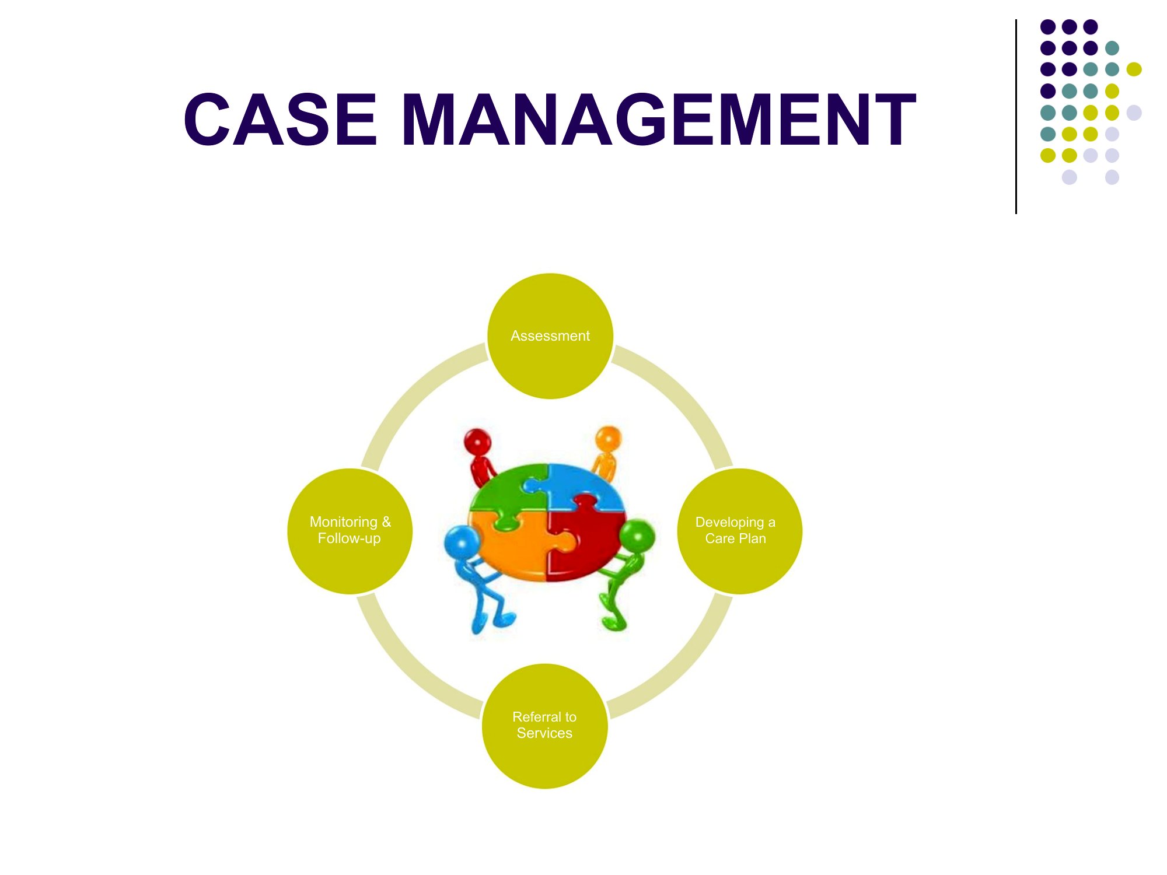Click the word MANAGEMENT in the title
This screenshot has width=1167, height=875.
(659, 120)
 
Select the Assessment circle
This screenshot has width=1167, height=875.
(550, 336)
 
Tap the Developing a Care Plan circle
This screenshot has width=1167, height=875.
(739, 531)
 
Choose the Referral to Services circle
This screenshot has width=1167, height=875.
(544, 726)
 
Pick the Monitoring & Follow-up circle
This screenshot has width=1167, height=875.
(350, 531)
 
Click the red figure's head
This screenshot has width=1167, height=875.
(478, 443)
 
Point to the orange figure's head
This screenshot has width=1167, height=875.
(609, 439)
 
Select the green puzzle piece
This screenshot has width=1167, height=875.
(508, 493)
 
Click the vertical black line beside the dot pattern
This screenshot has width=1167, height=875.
(1016, 117)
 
